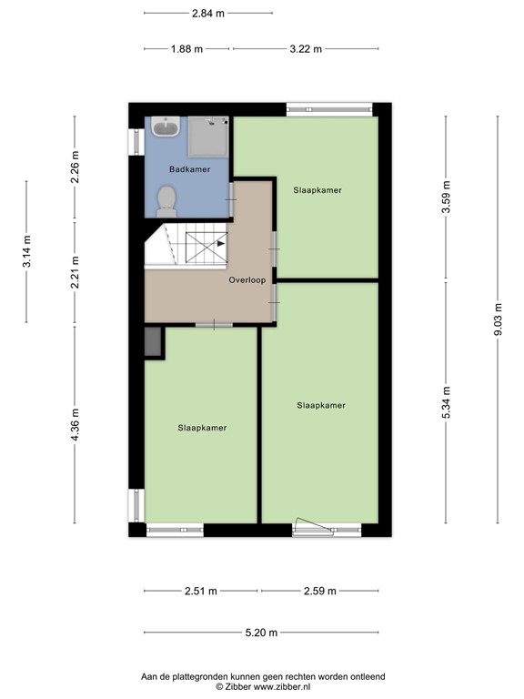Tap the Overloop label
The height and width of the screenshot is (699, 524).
(x=247, y=280)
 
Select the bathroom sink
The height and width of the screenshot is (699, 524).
(x=166, y=127)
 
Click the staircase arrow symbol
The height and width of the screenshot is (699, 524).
(x=220, y=243)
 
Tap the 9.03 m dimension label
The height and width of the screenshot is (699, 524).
(x=498, y=319)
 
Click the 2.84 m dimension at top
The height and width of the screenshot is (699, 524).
(x=207, y=14)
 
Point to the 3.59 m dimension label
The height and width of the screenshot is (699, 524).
(x=446, y=198)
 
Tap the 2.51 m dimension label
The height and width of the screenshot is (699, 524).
(x=200, y=592)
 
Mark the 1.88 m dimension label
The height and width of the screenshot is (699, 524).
(x=186, y=49)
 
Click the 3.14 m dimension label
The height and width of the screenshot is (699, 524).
(x=27, y=250)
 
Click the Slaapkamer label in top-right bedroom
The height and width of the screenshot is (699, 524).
(x=317, y=190)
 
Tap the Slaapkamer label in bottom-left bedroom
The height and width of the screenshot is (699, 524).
(x=202, y=427)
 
